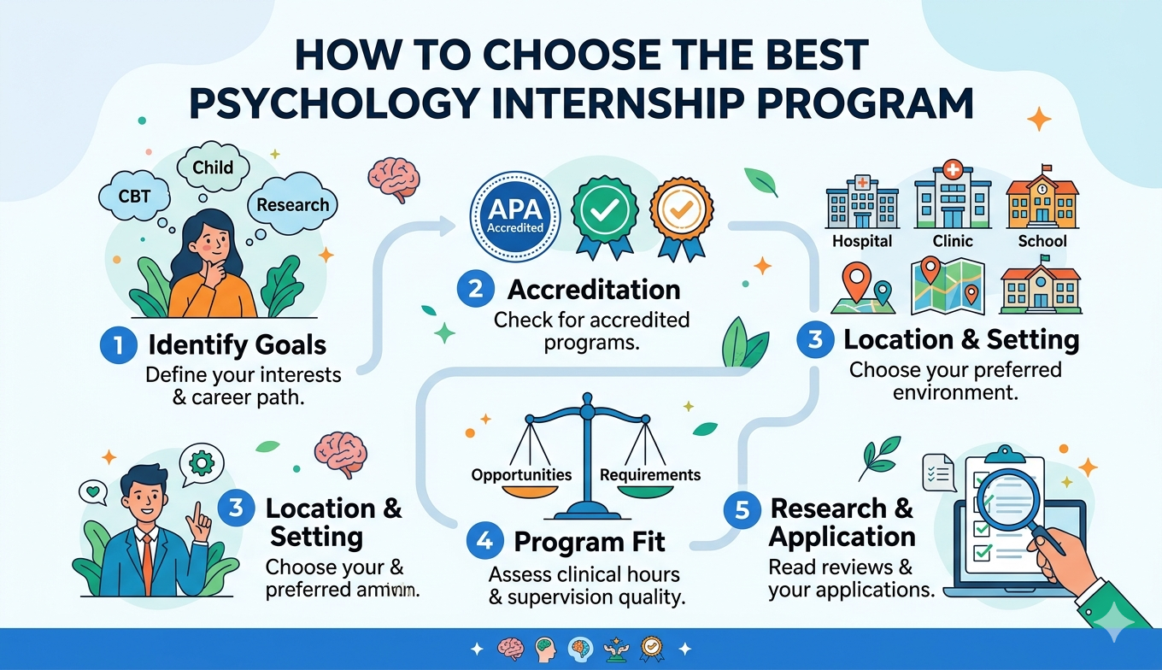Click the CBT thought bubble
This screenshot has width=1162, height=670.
point(134,196)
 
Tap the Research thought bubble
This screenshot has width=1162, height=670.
point(292,205)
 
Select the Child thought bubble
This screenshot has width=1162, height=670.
point(213,167)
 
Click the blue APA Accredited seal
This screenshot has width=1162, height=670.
point(515,215)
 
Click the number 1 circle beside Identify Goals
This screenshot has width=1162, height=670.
point(118,345)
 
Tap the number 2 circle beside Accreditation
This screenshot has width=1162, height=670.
point(474,290)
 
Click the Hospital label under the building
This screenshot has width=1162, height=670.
point(862,241)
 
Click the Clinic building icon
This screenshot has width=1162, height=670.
point(953,196)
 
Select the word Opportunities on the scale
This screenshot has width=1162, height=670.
point(521,474)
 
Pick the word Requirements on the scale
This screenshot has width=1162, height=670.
point(650,474)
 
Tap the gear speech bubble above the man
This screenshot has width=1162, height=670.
point(202,462)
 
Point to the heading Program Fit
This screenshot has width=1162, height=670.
point(590,541)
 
